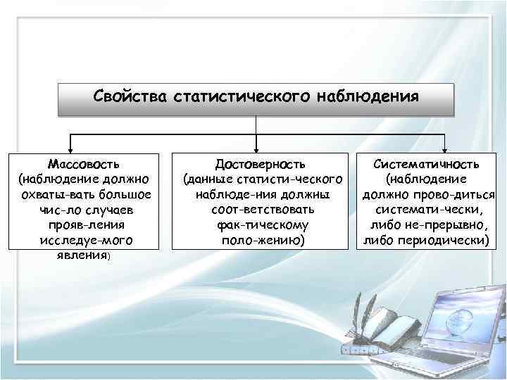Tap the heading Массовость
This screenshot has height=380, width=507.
pos(83,163)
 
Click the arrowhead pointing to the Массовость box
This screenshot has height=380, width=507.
pos(68,148)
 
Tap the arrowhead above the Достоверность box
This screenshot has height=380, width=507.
pos(256,148)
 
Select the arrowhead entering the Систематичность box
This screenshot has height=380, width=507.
pos(445,148)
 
